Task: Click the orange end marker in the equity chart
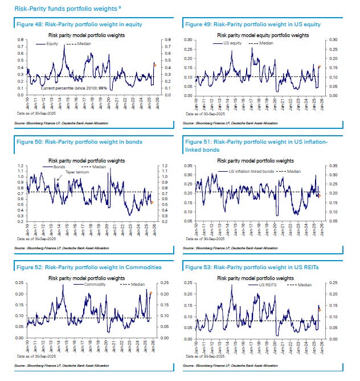(x=154, y=65)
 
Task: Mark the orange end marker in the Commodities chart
(x=151, y=293)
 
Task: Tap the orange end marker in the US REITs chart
(x=320, y=310)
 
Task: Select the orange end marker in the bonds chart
(x=152, y=202)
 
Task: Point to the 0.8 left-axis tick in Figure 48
(x=21, y=40)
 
